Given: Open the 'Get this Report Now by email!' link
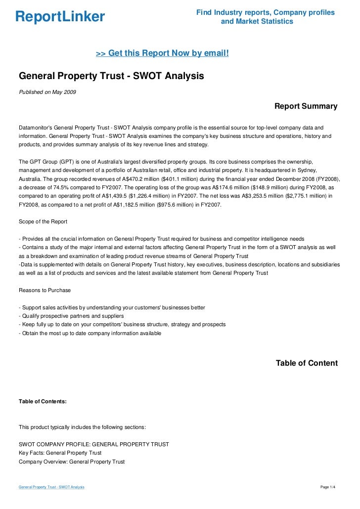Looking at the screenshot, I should pos(162,53).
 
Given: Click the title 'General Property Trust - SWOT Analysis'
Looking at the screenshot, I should pos(111,77).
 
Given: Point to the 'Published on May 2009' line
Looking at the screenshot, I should pos(47,92).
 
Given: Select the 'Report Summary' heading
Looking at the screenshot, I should pos(306,106).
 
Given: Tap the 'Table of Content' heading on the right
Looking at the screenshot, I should pos(307,363).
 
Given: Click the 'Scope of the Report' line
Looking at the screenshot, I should pos(43,222).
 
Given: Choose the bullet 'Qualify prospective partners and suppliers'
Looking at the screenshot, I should pos(71,316).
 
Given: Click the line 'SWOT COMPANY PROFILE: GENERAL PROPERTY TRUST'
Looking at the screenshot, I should pos(94,444).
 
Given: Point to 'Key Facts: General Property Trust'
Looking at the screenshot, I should pos(60,453).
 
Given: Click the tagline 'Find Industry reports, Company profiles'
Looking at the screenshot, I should pos(266,12).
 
